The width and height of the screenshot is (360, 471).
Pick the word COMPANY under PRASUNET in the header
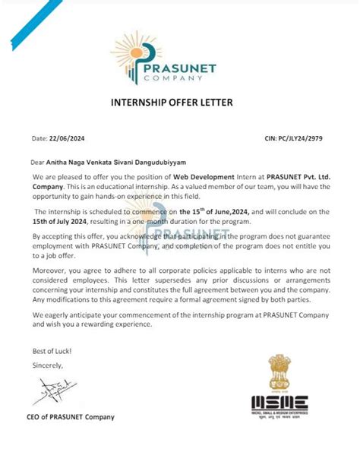pos(186,78)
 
